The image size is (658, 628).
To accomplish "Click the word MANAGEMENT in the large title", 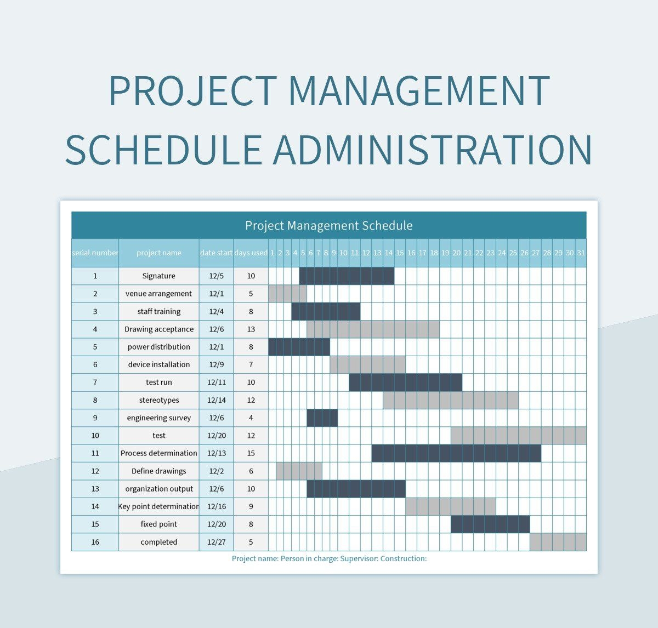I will point(419,91).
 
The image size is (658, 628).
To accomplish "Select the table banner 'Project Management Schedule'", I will point(329,225).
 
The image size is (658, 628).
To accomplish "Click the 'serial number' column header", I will point(95,253).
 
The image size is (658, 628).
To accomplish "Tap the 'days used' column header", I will point(251,253).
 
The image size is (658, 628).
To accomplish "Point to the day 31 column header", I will point(581,253).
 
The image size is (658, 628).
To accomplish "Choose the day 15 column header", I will point(400,253).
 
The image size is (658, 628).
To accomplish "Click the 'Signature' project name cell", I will point(158,276).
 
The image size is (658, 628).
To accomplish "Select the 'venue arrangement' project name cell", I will point(158,294).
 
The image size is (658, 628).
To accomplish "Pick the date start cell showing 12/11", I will point(216,382).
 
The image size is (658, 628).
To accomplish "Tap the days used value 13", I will point(251,329).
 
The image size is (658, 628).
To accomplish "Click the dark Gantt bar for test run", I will point(405,382).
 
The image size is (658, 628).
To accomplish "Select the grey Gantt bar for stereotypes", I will point(450,400).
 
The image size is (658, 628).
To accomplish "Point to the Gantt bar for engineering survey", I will point(322,418).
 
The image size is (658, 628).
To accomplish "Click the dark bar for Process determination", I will point(456,453).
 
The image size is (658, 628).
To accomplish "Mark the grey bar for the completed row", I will point(558,542).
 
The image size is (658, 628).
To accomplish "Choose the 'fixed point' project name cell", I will point(158,524).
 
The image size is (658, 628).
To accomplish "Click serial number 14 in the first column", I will point(95,506).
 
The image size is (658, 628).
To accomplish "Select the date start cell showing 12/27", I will point(216,542).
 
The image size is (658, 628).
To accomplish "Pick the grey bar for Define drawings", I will point(299,471).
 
